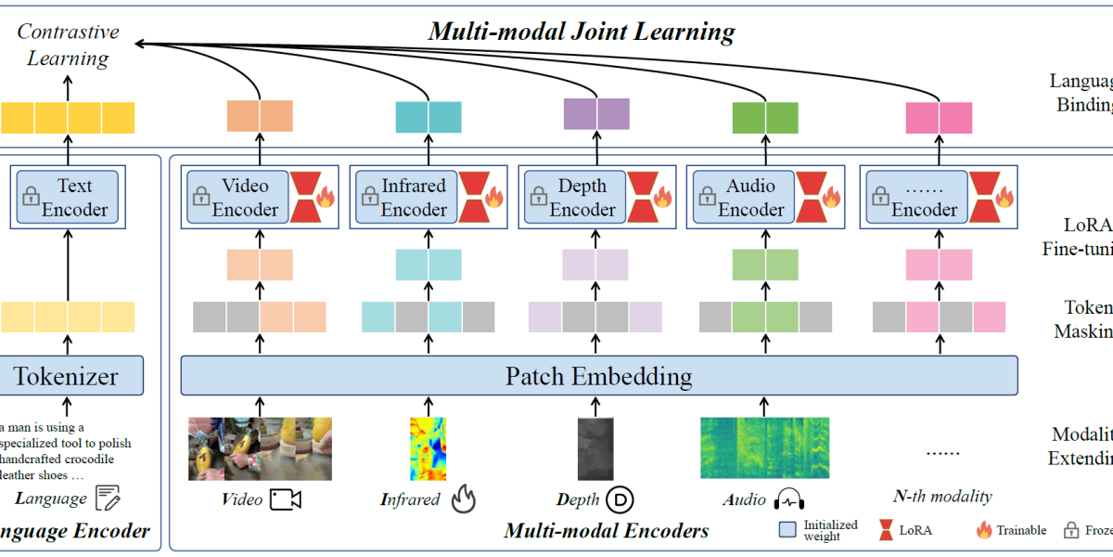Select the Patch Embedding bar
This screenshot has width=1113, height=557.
598,376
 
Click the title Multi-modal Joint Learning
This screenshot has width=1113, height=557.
582,32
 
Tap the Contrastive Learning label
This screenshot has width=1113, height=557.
68,45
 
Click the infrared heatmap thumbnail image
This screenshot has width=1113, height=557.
428,447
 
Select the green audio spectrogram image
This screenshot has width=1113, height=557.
763,447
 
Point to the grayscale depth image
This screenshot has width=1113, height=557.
595,447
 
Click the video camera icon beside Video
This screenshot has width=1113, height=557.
286,499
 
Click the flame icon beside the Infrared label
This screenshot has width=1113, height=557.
463,499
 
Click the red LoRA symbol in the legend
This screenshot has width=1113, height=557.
885,530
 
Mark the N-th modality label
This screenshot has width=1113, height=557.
942,496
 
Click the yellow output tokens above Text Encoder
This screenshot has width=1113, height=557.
68,118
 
